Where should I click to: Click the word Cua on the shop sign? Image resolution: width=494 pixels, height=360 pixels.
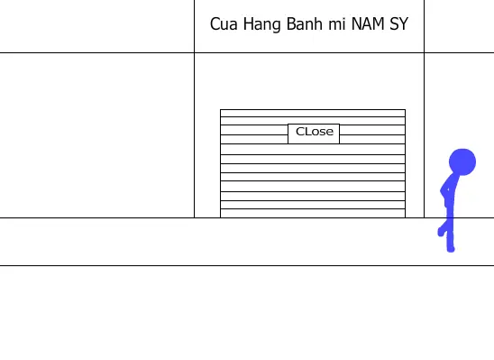coord(224,24)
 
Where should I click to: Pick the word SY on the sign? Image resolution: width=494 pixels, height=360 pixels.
coord(398,24)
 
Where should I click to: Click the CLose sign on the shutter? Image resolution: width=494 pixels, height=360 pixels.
coord(314,134)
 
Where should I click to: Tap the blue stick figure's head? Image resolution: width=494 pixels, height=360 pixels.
coord(462,162)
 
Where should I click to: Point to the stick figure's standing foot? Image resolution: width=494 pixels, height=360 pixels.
coord(451,249)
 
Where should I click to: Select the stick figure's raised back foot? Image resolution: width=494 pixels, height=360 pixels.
coord(441,232)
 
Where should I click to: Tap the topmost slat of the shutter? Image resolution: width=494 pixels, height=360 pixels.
coord(313,113)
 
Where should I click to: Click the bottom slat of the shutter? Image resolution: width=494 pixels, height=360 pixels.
coord(313,213)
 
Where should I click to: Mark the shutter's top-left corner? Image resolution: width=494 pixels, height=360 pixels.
coord(220,109)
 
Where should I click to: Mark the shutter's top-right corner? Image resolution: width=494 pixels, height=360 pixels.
coord(406,109)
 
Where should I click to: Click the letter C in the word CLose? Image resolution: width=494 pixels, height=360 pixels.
coord(299,132)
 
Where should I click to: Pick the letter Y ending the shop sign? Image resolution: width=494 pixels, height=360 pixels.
coord(404,24)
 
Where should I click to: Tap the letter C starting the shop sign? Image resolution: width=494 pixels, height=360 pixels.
coord(215,24)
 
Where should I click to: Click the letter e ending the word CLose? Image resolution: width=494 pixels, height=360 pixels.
coord(330,133)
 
